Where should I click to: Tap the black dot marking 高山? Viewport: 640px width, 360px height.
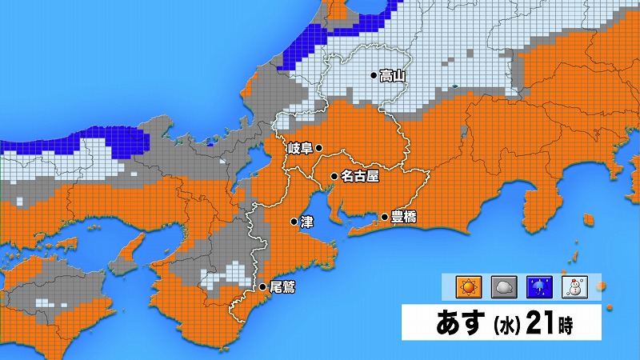(x=374, y=77)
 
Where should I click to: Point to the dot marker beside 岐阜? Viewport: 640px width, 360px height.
(x=318, y=148)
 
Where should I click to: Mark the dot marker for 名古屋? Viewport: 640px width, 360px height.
(x=334, y=175)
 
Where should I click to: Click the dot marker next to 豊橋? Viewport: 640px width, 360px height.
(x=384, y=217)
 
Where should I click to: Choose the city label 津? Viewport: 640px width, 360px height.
(x=306, y=222)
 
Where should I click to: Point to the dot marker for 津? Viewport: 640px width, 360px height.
(x=294, y=222)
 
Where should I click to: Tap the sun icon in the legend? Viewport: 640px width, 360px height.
(x=466, y=286)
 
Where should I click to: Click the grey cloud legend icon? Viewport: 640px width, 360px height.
(x=502, y=286)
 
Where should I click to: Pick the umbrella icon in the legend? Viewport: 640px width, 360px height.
(x=538, y=286)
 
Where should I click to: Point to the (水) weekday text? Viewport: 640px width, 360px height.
(x=509, y=326)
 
